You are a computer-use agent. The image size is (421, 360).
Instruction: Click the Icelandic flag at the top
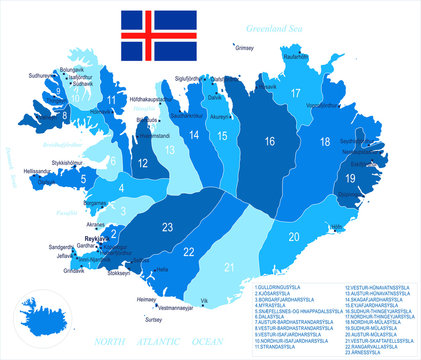point(159,36)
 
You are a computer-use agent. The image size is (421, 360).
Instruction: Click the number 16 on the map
point(269,142)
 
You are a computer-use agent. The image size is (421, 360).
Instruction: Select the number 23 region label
point(168,226)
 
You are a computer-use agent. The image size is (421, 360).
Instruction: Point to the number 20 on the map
point(294,237)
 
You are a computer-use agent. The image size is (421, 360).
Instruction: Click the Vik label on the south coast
point(205,300)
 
